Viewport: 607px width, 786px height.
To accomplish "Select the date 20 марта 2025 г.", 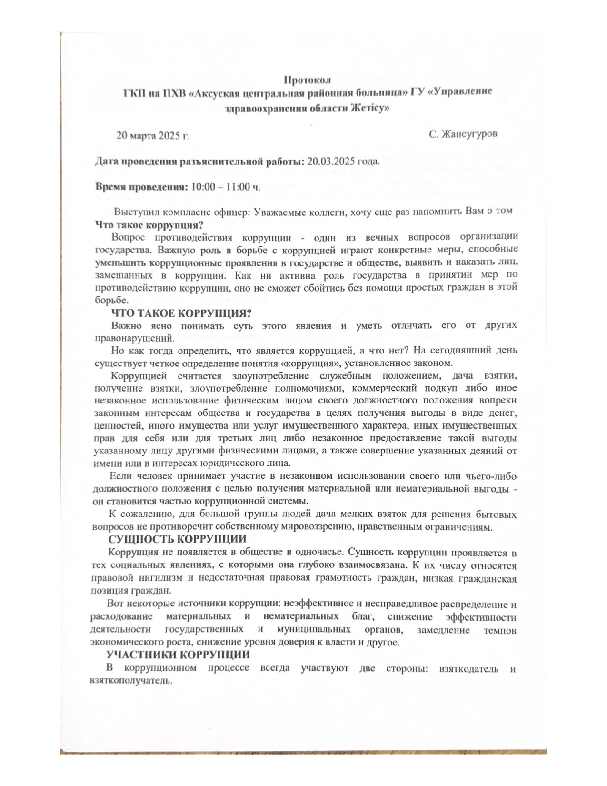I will tap(153, 136).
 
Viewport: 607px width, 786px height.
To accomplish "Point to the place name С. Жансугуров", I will tap(463, 134).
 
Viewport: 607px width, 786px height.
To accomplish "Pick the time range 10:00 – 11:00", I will tap(221, 186).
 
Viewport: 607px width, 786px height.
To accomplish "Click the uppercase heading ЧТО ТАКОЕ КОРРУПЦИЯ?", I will tap(181, 313).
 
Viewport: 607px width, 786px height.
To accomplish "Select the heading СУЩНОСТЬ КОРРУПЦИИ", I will tap(178, 539).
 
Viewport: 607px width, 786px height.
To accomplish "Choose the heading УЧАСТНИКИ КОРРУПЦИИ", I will tap(178, 655).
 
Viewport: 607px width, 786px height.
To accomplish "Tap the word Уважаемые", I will tap(277, 211).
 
